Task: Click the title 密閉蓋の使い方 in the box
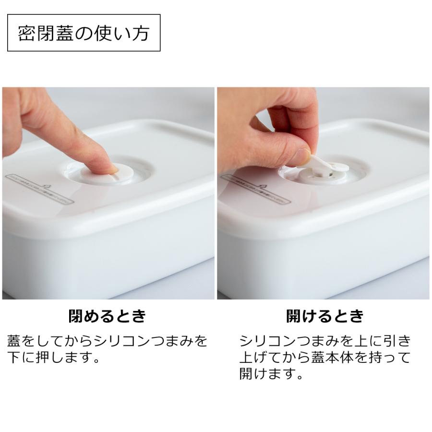tap(84, 33)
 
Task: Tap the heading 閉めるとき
tap(107, 316)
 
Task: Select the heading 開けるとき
tap(324, 316)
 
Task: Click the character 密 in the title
tap(27, 33)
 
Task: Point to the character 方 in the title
tap(140, 33)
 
